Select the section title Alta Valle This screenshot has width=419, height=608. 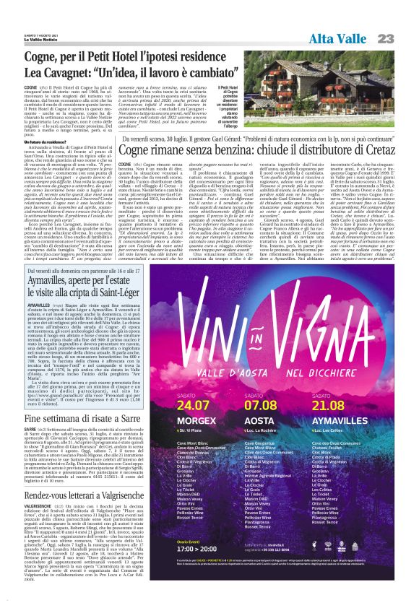[x=340, y=38]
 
